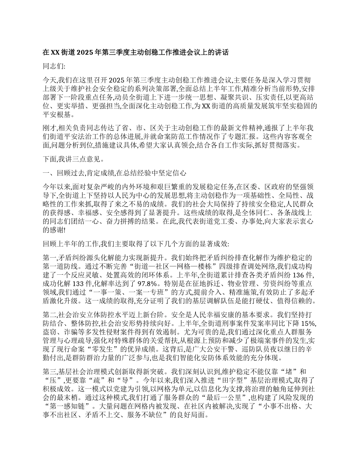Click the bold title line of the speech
coord(136,53)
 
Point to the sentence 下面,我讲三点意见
coord(72,161)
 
